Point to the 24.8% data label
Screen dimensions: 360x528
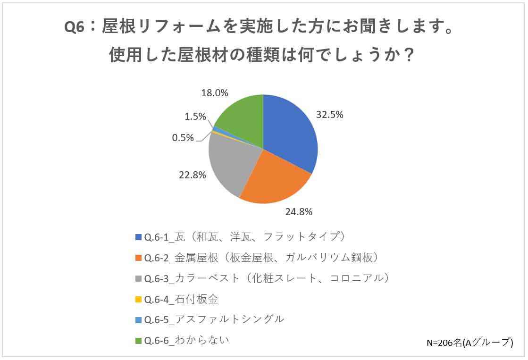tap(299, 212)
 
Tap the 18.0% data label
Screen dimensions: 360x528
tap(215, 92)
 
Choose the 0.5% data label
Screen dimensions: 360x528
tap(183, 137)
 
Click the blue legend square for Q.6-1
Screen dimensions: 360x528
tap(138, 237)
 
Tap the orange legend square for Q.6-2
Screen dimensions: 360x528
tap(138, 258)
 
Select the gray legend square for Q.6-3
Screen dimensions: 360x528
tap(138, 278)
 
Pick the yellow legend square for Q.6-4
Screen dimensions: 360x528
tap(138, 299)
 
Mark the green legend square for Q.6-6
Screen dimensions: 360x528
tap(138, 340)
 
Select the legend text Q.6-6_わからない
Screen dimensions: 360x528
tap(186, 340)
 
